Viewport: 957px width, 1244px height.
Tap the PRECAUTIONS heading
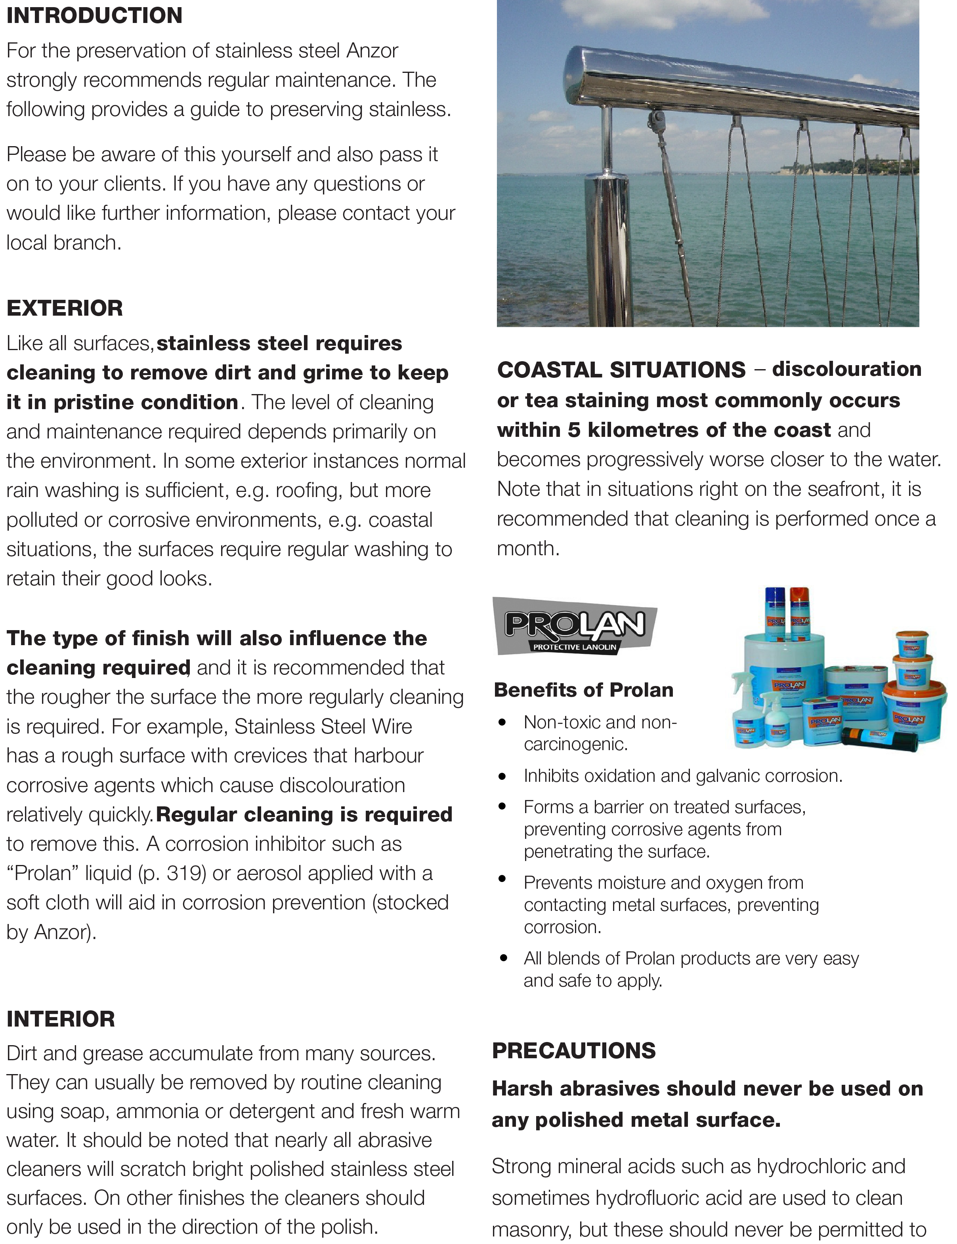coord(574,1050)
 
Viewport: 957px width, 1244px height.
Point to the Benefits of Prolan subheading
coord(583,690)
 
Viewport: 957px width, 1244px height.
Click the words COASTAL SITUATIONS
coord(621,370)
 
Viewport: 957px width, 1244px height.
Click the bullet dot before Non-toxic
coord(502,722)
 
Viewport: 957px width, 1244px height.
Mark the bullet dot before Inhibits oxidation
coord(502,776)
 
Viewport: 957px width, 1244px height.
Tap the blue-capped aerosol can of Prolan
coord(775,612)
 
